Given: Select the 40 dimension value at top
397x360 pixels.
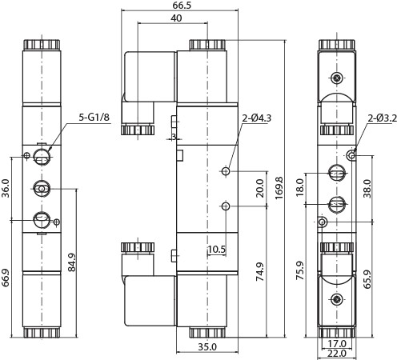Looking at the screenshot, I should tap(175, 18).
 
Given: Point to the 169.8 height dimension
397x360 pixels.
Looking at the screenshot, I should tap(279, 190).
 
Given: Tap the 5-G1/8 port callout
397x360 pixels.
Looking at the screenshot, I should tap(94, 118).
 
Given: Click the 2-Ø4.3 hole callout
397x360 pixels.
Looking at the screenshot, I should tap(257, 119).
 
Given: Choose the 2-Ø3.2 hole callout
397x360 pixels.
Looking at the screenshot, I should tap(381, 119).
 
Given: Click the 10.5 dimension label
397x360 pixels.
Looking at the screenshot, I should tap(217, 250).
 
